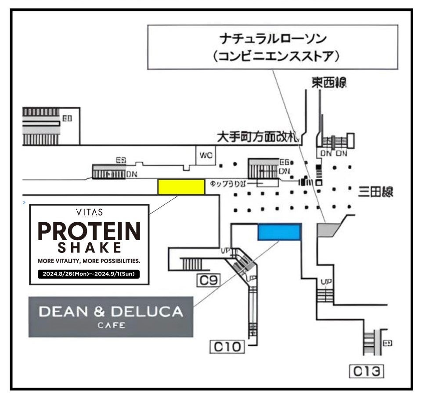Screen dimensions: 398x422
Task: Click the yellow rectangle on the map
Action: tap(181, 186)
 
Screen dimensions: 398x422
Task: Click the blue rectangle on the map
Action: tap(279, 232)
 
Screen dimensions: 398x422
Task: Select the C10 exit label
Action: tap(227, 347)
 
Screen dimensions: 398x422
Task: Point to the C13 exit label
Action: tap(366, 372)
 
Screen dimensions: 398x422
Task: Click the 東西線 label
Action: tap(329, 83)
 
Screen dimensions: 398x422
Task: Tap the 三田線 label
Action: tap(375, 192)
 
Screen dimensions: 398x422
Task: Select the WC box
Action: tap(206, 155)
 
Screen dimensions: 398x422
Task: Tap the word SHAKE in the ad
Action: tap(89, 248)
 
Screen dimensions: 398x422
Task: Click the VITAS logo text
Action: tap(89, 213)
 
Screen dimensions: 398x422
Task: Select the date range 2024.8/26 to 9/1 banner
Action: tap(89, 274)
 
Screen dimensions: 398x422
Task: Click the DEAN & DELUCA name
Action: tap(111, 312)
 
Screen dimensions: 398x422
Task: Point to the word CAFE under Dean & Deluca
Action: tap(111, 325)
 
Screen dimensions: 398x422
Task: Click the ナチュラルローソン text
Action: tap(272, 39)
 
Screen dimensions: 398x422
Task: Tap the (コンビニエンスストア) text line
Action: tap(272, 57)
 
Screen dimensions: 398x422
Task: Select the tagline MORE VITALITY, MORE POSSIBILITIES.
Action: tap(89, 261)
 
